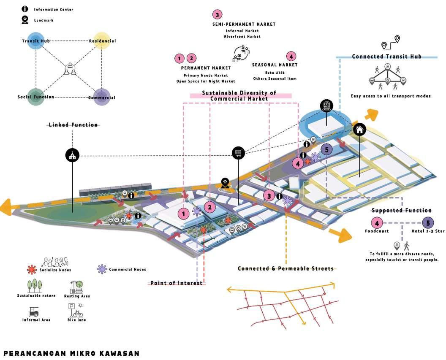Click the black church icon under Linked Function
pyautogui.click(x=72, y=155)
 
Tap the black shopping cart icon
pyautogui.click(x=239, y=152)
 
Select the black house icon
pyautogui.click(x=359, y=129)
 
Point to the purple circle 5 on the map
pyautogui.click(x=325, y=149)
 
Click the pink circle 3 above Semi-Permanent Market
pyautogui.click(x=217, y=15)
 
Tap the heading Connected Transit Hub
pyautogui.click(x=386, y=57)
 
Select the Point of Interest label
pyautogui.click(x=177, y=283)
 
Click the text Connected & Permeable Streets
pyautogui.click(x=286, y=268)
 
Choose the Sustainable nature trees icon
pyautogui.click(x=35, y=286)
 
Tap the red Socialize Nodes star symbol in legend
pyautogui.click(x=30, y=269)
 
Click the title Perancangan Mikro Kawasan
pyautogui.click(x=71, y=353)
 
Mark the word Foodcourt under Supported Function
pyautogui.click(x=377, y=231)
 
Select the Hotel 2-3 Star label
pyautogui.click(x=428, y=231)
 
